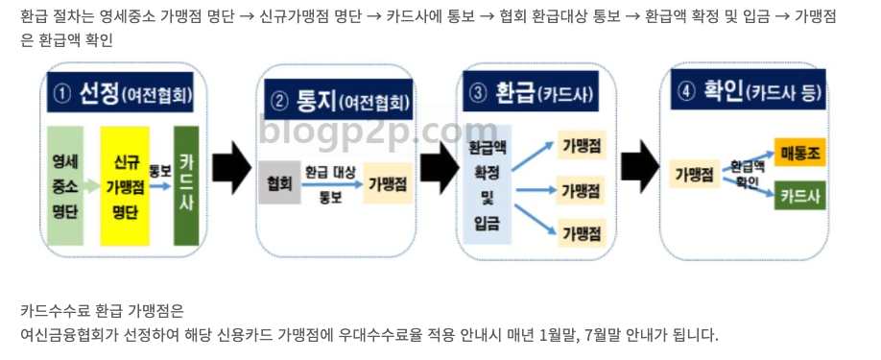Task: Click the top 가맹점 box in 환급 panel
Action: [x=582, y=145]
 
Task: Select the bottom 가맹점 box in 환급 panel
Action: [x=582, y=231]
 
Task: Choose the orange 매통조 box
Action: [x=800, y=153]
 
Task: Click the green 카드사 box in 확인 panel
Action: [x=800, y=195]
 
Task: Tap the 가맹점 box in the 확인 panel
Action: [x=694, y=174]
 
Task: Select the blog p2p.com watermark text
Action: [x=377, y=129]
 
